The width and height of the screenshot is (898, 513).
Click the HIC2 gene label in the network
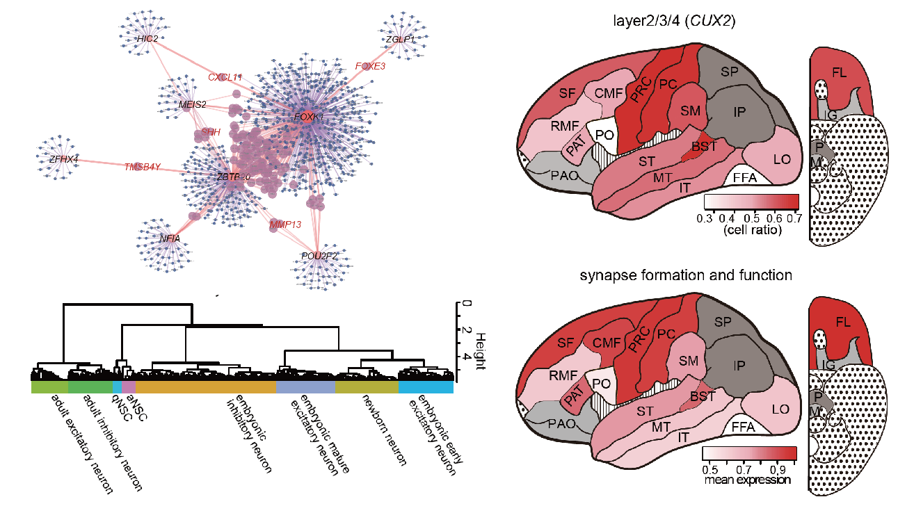[x=147, y=39]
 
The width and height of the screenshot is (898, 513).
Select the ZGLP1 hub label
[x=400, y=40]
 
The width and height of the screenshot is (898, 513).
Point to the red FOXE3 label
[x=370, y=66]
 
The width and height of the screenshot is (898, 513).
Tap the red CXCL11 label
[x=225, y=77]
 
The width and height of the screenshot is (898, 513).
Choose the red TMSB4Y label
[x=143, y=167]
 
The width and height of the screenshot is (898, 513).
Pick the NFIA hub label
[x=170, y=238]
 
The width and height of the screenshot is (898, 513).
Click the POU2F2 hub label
[x=319, y=256]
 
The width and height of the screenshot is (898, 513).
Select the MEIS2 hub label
[x=193, y=105]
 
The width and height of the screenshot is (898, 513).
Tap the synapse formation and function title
[x=686, y=275]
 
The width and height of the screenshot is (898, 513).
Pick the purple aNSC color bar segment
[x=129, y=385]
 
